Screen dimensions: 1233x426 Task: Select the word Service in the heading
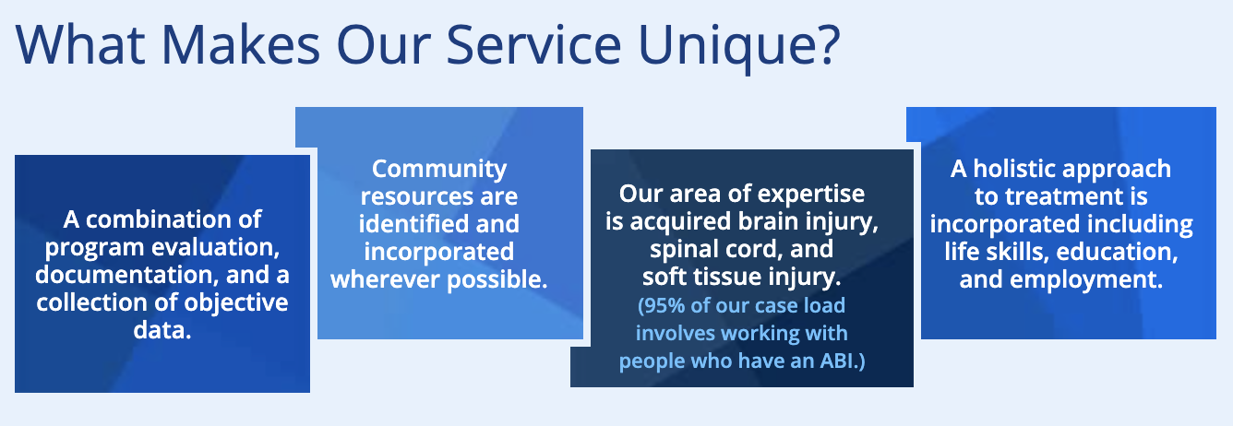point(533,44)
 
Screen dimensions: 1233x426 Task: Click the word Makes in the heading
point(240,44)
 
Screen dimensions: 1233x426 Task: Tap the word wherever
point(386,279)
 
